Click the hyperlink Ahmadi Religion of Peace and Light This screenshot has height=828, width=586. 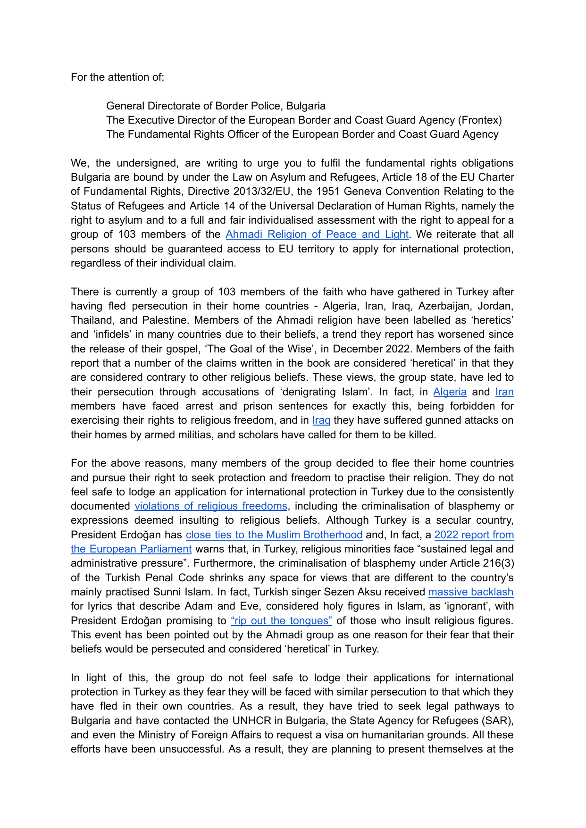tap(317, 234)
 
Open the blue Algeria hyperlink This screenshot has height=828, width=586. tap(450, 392)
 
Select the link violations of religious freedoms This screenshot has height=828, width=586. tap(210, 506)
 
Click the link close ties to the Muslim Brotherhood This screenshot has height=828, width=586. tap(274, 535)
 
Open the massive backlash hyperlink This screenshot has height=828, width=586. tap(470, 592)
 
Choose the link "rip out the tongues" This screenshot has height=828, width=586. tap(281, 621)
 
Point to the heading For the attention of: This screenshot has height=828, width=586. tap(117, 77)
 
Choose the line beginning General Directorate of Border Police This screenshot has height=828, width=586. tap(216, 106)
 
